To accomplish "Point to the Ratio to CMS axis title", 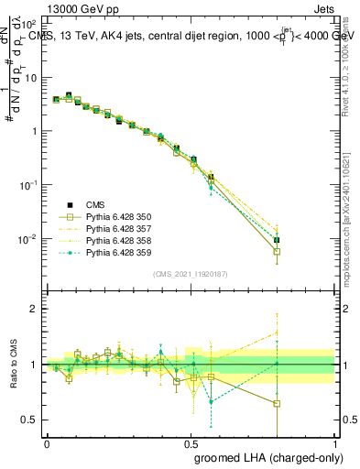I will point(13,365).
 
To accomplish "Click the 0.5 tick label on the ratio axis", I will point(31,420).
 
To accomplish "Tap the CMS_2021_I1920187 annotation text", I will point(191,273).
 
